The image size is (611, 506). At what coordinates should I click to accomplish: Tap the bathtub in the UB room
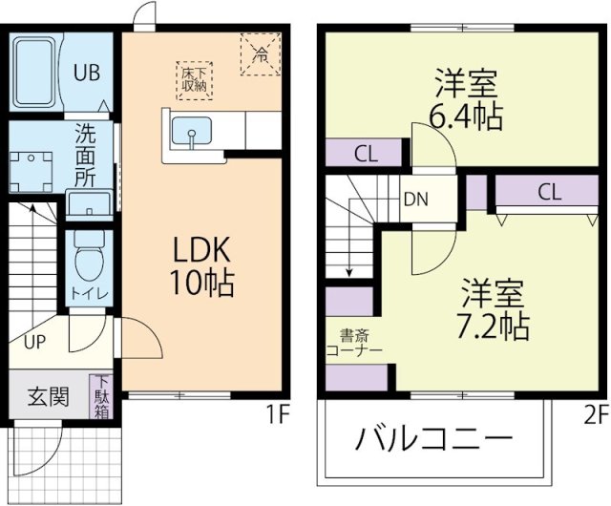36,72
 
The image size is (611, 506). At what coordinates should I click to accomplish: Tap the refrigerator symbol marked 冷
260,53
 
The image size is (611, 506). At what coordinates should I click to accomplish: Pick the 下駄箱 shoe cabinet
101,397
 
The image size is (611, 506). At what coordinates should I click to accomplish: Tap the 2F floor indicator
596,415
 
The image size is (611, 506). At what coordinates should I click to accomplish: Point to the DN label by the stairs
414,200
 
